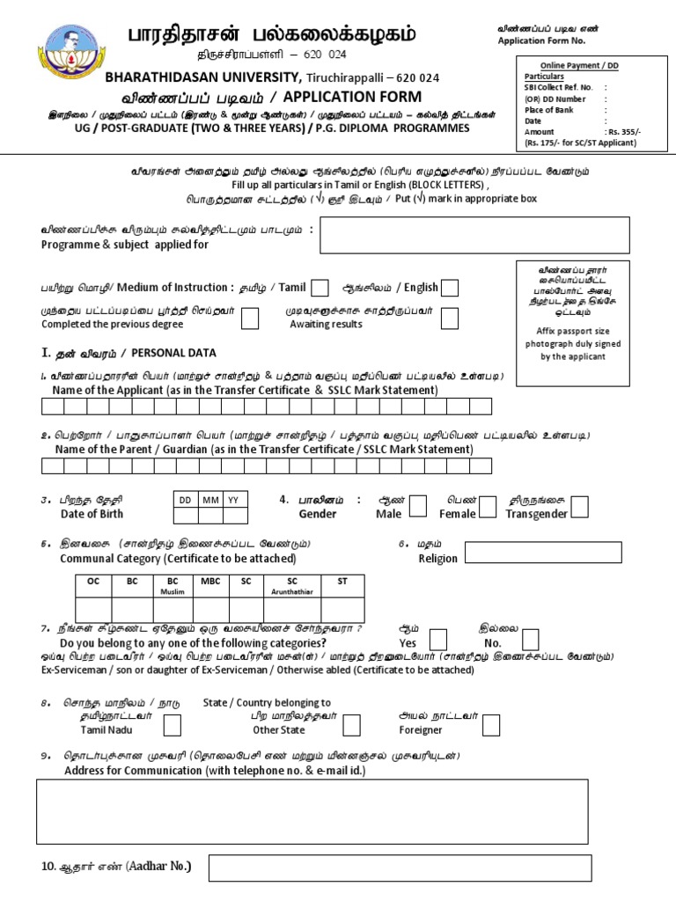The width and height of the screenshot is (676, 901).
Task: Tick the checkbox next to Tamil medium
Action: (321, 288)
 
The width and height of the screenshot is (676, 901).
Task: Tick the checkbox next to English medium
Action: (449, 288)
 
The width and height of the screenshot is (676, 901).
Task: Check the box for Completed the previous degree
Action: (250, 318)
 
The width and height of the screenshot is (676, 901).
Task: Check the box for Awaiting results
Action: (449, 318)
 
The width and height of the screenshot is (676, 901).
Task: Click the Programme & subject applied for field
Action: (474, 235)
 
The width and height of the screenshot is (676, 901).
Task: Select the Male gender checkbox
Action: (419, 506)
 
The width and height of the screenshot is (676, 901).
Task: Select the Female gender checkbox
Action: (490, 506)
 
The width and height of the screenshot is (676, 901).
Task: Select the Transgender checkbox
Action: (581, 506)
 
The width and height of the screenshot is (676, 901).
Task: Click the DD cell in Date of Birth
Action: (186, 500)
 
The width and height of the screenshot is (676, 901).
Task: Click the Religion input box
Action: (544, 553)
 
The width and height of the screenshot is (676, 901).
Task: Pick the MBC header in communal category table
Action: (209, 582)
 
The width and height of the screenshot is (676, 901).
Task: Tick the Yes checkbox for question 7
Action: (438, 640)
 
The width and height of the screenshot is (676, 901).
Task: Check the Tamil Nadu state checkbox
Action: (173, 725)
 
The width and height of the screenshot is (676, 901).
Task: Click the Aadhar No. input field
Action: (398, 870)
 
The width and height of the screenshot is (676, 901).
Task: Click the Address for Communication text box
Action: (312, 811)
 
